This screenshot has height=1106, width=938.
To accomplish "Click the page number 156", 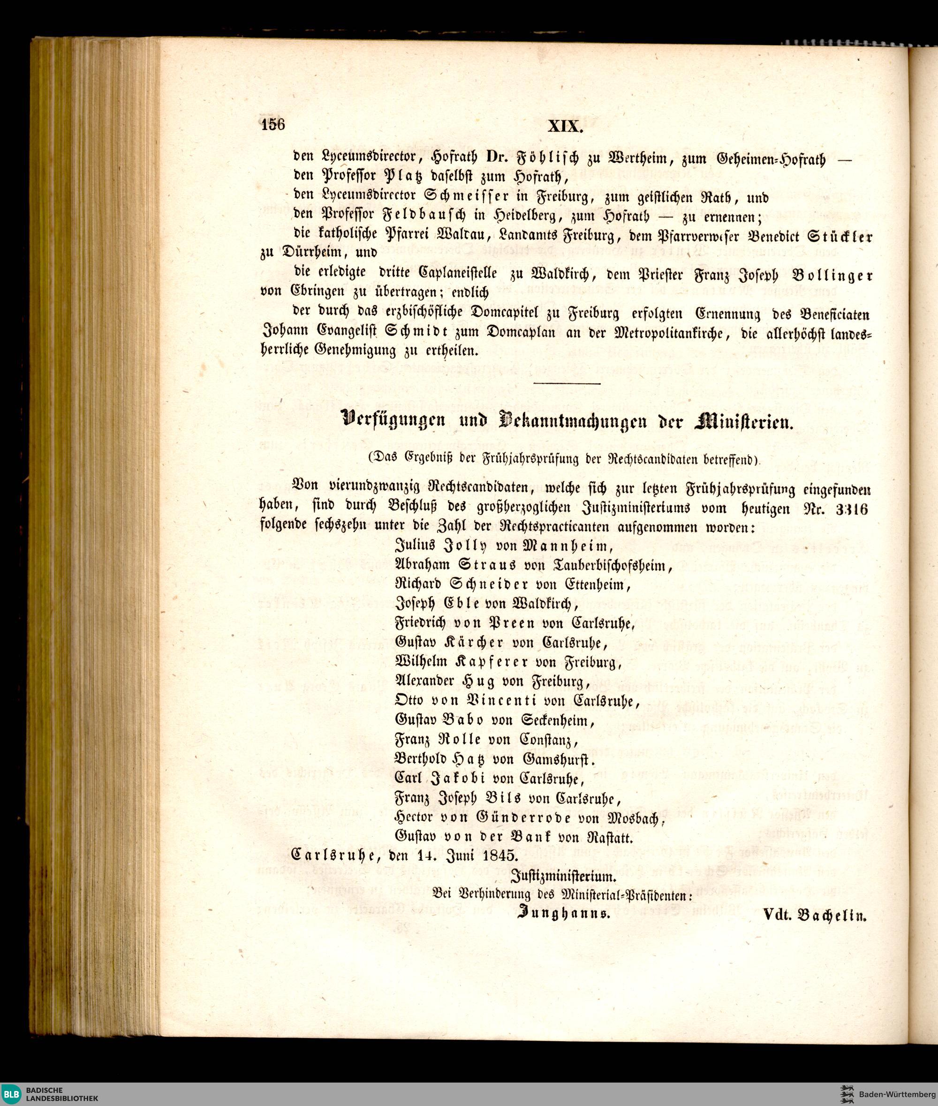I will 273,124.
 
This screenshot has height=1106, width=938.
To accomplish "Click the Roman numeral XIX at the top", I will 566,128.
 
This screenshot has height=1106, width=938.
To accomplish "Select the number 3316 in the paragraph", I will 851,509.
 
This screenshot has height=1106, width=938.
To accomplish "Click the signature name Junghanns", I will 563,915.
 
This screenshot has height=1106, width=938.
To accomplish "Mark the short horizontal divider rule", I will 567,383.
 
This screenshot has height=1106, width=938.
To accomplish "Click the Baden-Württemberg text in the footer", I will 897,1094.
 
